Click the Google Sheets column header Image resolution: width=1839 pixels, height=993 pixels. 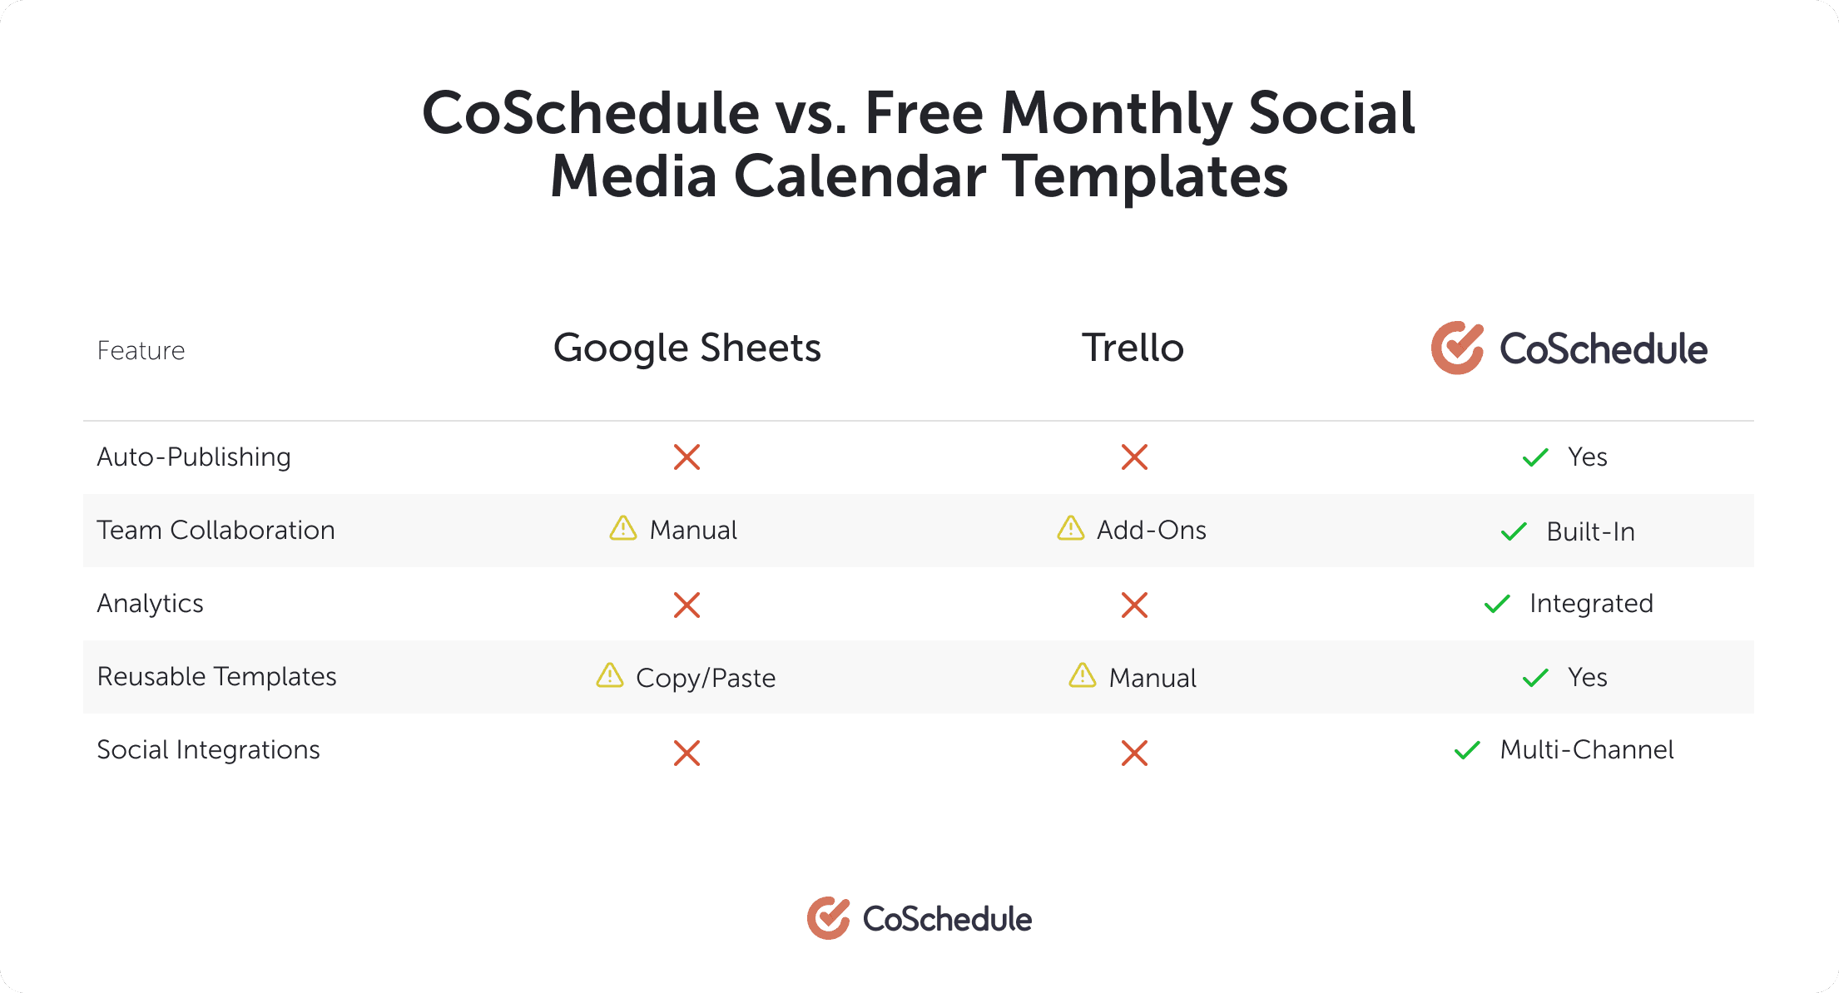(687, 348)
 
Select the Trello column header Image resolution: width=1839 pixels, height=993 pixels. (1133, 348)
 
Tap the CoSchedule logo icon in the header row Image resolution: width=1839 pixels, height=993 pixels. (1457, 348)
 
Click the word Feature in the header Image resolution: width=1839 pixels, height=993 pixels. (141, 350)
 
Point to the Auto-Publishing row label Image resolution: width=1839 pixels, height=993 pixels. (194, 457)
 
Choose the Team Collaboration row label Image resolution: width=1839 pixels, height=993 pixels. (216, 530)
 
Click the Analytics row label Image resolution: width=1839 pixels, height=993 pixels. (150, 603)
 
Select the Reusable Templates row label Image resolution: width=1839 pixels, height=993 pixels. (216, 676)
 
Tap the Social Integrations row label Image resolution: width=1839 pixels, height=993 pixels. (208, 749)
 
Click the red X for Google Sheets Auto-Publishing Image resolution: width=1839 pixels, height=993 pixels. (687, 457)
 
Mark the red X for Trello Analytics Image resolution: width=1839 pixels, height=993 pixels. (1134, 605)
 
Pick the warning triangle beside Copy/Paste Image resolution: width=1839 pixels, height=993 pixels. (610, 675)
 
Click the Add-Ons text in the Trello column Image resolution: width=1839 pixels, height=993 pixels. (1152, 530)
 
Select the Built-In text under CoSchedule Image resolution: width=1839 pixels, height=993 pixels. (1590, 531)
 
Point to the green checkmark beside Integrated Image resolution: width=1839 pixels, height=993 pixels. (1497, 604)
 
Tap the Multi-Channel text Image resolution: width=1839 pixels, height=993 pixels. (1587, 749)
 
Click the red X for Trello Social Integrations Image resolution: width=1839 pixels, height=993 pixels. (1134, 753)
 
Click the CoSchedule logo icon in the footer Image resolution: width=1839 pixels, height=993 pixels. (828, 918)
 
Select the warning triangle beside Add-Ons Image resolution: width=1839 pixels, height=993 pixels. (1071, 527)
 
